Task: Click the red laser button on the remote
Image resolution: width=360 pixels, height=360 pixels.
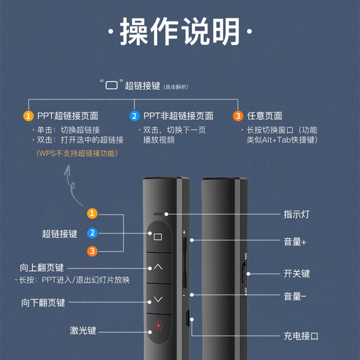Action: coord(159,329)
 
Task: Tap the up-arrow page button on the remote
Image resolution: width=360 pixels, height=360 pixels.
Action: coord(159,268)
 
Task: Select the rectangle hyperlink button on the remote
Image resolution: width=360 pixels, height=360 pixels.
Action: coord(159,237)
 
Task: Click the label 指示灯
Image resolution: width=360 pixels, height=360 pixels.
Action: coord(297,214)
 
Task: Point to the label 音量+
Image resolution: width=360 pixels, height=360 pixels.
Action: coord(295,242)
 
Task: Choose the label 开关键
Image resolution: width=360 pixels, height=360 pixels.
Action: coord(297,274)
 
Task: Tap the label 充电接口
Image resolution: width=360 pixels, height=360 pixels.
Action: coord(301,336)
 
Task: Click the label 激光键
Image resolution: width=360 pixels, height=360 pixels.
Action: coord(83,330)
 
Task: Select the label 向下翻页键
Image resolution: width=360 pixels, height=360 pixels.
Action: coord(43,302)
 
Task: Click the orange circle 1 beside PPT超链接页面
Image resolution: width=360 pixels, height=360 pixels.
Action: coord(28,116)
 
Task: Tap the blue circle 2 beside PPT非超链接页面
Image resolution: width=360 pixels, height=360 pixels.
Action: coord(134,116)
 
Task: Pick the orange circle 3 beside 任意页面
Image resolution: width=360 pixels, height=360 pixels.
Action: coord(238,116)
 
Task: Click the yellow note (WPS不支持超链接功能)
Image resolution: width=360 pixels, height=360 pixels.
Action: coord(77,153)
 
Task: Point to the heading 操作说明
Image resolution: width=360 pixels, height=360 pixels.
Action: coord(180,31)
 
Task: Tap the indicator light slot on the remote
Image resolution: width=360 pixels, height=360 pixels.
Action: coord(158,214)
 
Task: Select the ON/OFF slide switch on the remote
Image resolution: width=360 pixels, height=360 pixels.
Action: coord(244,274)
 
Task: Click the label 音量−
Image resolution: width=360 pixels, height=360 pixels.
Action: coord(295,296)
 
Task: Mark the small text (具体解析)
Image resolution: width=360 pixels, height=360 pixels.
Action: coord(176,87)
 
